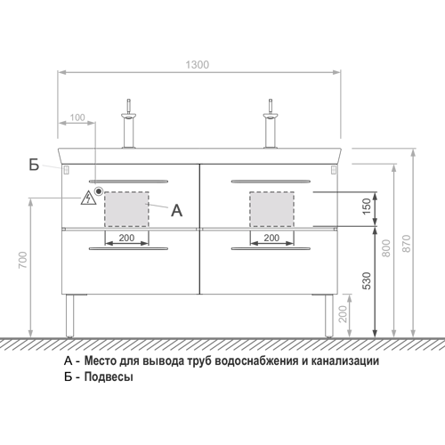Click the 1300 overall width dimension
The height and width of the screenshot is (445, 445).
coord(198,65)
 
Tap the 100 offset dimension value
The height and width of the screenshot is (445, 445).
coord(77,117)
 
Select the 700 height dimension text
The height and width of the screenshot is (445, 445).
coord(23,260)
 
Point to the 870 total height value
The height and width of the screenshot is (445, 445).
coord(407,244)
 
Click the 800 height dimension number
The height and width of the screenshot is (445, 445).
coord(386,248)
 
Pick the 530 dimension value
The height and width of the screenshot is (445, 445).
coord(367,280)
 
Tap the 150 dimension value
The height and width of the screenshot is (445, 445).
coord(367,206)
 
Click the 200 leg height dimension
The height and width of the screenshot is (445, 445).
coord(343,314)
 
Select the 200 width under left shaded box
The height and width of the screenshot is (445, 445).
coord(126,238)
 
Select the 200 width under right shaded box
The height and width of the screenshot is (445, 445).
coord(271,238)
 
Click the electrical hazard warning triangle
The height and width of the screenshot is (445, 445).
coord(88,198)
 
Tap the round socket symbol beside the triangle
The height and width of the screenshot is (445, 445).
coord(99,191)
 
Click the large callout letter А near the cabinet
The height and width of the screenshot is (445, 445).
coord(177,211)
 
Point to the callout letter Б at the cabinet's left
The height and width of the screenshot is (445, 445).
coord(34,165)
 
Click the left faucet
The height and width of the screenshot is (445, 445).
coord(129,124)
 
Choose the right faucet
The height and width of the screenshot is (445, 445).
coord(271,124)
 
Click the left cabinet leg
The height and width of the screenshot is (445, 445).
coord(69,316)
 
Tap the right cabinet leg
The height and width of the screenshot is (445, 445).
coord(329,316)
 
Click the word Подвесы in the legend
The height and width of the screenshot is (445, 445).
coord(109,376)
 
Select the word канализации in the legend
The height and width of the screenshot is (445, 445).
coord(345,361)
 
